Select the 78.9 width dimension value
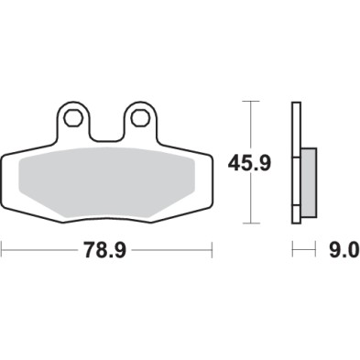(x=106, y=249)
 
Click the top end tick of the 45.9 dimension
(x=250, y=102)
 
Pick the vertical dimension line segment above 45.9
(x=250, y=124)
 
